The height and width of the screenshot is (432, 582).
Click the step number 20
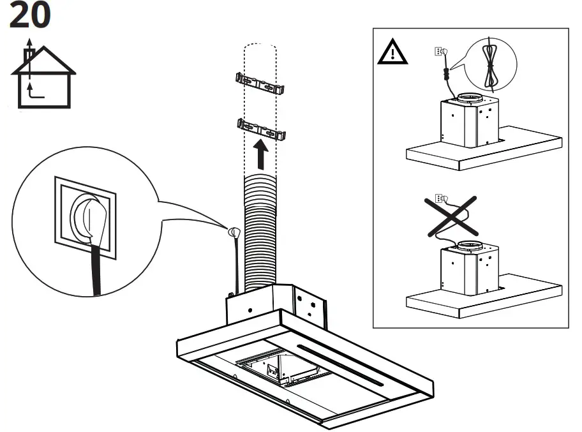[x=29, y=16]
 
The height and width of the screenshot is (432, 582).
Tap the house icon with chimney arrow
[x=41, y=76]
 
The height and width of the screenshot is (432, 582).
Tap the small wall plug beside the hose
[x=234, y=233]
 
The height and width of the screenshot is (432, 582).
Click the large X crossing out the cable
[x=454, y=214]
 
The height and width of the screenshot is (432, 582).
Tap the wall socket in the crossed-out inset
[x=440, y=198]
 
